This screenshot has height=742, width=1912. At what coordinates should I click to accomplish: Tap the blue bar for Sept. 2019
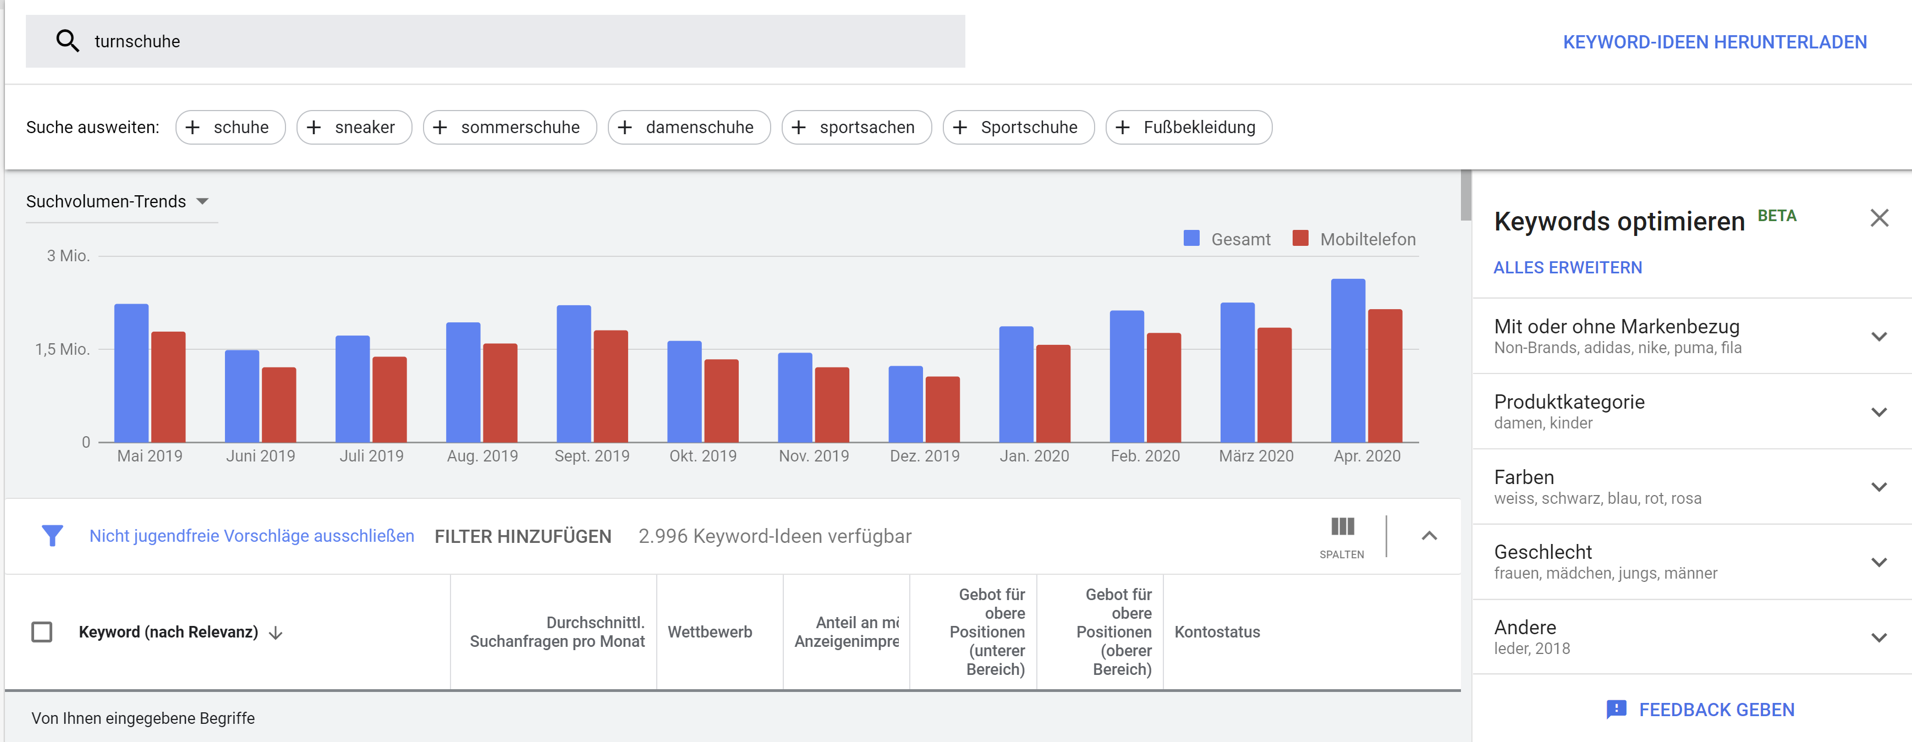tap(573, 374)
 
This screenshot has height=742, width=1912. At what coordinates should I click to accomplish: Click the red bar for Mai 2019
tap(168, 387)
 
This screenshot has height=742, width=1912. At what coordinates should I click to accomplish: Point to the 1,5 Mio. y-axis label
tap(62, 349)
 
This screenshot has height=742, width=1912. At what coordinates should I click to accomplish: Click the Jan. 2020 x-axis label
tap(1034, 455)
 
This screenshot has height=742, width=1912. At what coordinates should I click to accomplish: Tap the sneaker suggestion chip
tap(354, 127)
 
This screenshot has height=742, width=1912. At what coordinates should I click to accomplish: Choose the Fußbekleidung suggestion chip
tap(1188, 127)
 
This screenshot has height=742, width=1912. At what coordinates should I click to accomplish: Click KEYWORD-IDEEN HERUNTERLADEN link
tap(1715, 42)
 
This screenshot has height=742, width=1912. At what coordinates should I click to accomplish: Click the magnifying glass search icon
tap(68, 41)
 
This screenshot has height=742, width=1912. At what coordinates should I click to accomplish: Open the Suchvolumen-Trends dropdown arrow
tap(202, 201)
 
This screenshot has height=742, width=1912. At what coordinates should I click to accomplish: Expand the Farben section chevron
tap(1878, 487)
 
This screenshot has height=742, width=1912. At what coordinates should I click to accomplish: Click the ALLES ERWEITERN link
tap(1568, 267)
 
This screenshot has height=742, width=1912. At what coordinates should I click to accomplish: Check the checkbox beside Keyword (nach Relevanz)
tap(42, 631)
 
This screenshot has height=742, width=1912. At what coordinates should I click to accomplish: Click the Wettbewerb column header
tap(710, 631)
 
